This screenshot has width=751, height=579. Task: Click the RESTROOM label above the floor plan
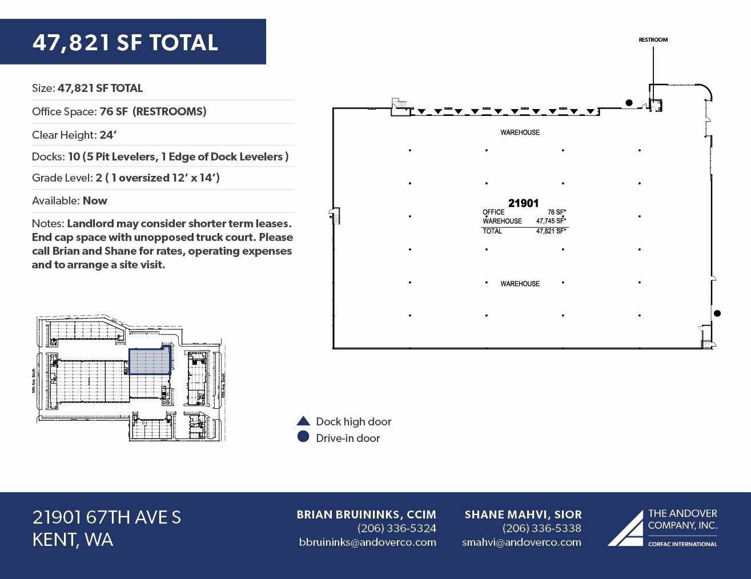click(653, 40)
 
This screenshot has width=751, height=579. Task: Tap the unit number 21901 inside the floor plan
click(523, 203)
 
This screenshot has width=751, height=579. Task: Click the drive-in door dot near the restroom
click(629, 103)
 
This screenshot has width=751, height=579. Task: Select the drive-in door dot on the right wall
click(717, 313)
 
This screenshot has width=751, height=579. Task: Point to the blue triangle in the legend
click(303, 421)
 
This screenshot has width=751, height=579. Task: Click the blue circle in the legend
click(303, 437)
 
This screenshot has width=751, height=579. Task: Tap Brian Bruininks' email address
click(367, 542)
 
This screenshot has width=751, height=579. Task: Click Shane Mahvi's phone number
click(541, 528)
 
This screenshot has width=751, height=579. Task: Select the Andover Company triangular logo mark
click(625, 529)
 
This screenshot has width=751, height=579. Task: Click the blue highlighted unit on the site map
click(150, 361)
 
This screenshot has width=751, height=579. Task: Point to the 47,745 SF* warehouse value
click(551, 221)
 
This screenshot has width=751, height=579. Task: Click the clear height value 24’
click(108, 135)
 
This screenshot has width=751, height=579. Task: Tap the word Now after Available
click(95, 200)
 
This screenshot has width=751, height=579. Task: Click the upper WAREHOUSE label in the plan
click(520, 132)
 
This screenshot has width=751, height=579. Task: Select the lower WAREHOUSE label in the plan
click(520, 284)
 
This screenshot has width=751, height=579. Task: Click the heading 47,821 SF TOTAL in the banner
click(125, 42)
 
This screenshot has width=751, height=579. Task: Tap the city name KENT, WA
click(73, 540)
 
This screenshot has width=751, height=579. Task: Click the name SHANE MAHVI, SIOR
click(523, 514)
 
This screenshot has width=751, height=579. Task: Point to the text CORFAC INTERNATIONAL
click(682, 544)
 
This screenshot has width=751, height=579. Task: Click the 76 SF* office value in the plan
click(556, 212)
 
